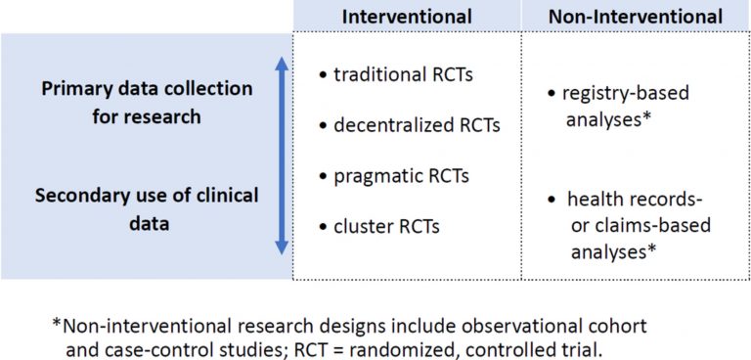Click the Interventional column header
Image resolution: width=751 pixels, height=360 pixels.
406,17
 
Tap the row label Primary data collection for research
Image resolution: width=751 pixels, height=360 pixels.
148,103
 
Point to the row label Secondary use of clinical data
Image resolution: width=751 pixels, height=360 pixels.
148,208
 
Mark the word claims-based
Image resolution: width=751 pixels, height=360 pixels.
650,225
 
